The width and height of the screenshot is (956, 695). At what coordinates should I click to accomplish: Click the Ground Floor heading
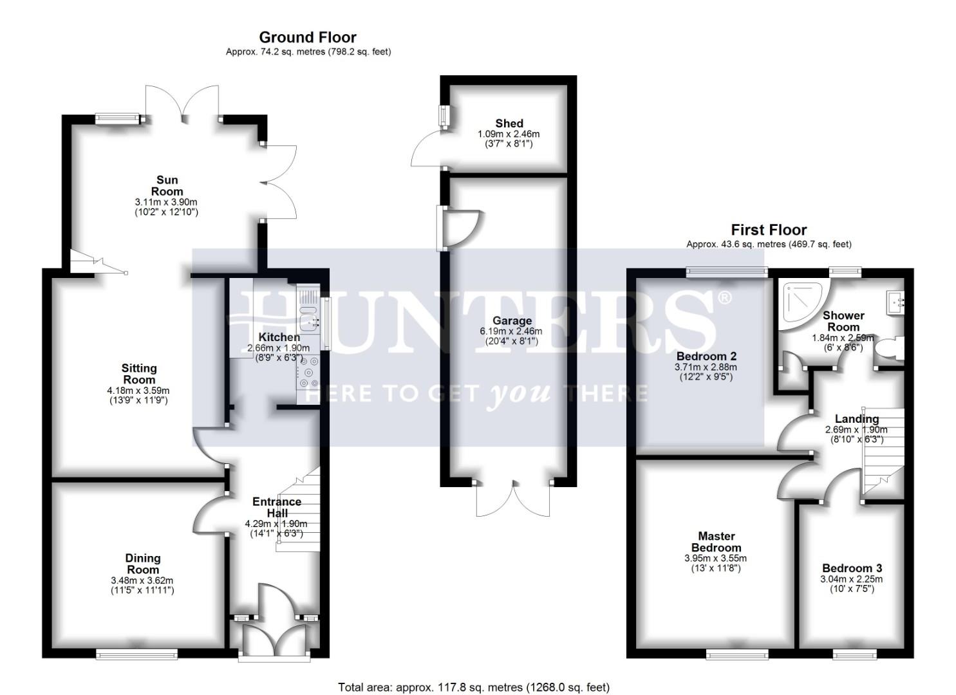(x=308, y=37)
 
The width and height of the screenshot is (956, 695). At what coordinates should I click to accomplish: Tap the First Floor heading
(x=769, y=230)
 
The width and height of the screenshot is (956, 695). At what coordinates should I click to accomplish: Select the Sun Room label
(x=167, y=185)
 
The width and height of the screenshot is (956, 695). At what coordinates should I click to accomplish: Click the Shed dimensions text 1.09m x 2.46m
(x=508, y=134)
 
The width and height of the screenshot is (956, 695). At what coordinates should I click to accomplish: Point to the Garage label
(x=512, y=320)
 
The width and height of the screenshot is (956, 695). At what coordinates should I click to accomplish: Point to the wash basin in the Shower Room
(x=897, y=300)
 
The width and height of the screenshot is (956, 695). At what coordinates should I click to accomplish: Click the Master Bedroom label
(x=716, y=541)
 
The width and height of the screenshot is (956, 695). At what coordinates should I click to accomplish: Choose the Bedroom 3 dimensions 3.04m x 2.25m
(x=851, y=579)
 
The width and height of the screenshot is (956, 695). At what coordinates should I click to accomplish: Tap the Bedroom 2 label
(x=706, y=356)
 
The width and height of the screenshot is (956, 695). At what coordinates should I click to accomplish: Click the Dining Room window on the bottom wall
(x=126, y=654)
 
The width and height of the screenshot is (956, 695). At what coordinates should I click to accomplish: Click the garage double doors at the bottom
(x=514, y=499)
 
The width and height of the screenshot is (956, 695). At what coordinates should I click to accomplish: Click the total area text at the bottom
(x=473, y=687)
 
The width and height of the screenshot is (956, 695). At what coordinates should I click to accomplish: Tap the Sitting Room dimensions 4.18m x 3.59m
(x=138, y=390)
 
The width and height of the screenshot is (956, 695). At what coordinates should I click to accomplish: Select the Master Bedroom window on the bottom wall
(x=737, y=654)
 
